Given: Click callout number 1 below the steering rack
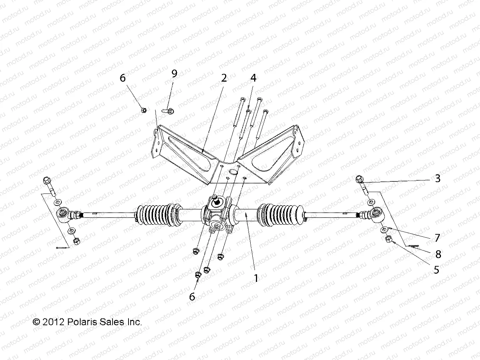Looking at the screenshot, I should pyautogui.click(x=256, y=278).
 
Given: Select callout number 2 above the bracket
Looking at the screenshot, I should pyautogui.click(x=224, y=78).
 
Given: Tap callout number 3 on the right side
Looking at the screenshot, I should pyautogui.click(x=437, y=178).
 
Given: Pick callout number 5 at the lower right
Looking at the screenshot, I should pyautogui.click(x=436, y=269).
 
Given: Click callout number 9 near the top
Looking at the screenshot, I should pyautogui.click(x=174, y=73).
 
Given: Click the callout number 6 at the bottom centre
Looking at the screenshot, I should pyautogui.click(x=192, y=296).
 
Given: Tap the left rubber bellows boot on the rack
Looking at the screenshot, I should pyautogui.click(x=156, y=216).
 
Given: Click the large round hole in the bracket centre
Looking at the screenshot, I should pyautogui.click(x=233, y=172).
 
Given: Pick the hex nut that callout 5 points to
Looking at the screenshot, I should pyautogui.click(x=388, y=240).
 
